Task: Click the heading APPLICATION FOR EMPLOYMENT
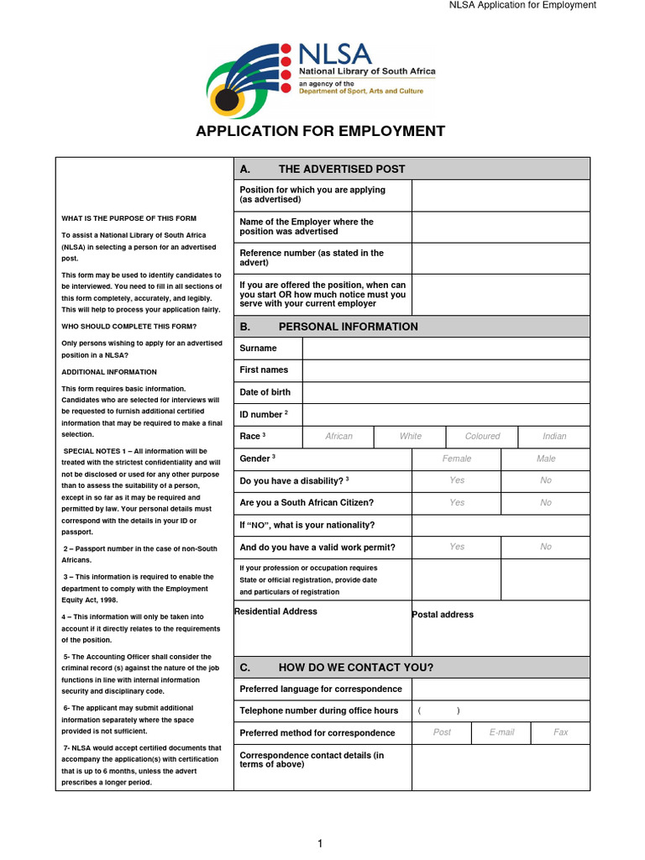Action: tap(320, 131)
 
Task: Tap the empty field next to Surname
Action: tap(445, 348)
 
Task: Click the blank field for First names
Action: tap(445, 370)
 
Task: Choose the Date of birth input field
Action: tap(445, 392)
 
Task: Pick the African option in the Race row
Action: tap(338, 437)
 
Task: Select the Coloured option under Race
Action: tap(482, 437)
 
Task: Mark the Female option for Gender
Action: tap(456, 459)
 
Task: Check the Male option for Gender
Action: tap(546, 459)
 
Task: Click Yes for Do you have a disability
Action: tap(456, 481)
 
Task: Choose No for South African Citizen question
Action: tap(546, 503)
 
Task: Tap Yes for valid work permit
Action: tap(456, 547)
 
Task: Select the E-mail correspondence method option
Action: tap(501, 732)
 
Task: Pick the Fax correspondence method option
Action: tap(560, 732)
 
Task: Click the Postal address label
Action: tap(443, 615)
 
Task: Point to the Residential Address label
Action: tap(275, 611)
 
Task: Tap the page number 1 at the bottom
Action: tap(320, 844)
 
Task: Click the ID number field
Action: tap(445, 415)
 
